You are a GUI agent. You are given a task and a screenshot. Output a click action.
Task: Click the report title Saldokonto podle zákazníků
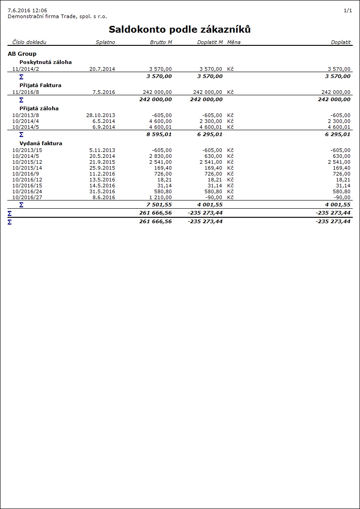tap(180, 29)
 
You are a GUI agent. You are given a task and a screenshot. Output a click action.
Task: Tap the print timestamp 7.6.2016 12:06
tap(27, 10)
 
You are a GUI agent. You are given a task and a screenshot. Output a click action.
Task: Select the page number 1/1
tap(348, 10)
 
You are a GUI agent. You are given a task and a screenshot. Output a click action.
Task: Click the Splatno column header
tap(105, 42)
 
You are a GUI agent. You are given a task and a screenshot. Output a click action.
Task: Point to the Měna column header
tap(234, 42)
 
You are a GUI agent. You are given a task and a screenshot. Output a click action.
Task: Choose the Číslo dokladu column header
tap(27, 42)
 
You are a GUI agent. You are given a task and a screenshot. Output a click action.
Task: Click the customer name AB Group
tap(22, 54)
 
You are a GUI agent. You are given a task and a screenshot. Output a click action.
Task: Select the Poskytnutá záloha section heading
tap(45, 62)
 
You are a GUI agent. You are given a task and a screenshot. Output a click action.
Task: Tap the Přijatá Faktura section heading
tap(40, 85)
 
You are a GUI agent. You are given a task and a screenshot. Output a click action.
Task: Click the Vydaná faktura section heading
tap(41, 143)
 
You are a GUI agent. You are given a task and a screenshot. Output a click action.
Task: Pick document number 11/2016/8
tap(26, 92)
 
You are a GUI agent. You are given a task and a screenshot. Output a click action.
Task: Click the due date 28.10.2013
tap(101, 115)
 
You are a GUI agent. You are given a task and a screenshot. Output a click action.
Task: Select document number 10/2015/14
tap(27, 168)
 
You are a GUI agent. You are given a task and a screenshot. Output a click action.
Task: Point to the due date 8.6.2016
tap(104, 197)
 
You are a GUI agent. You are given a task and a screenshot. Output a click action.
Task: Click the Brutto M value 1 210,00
tap(161, 197)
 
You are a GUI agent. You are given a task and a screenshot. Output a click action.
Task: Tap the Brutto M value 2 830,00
tap(161, 156)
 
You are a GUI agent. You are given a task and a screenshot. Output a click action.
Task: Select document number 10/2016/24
tap(27, 191)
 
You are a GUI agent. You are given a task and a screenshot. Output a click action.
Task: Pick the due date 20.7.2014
tap(102, 69)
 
